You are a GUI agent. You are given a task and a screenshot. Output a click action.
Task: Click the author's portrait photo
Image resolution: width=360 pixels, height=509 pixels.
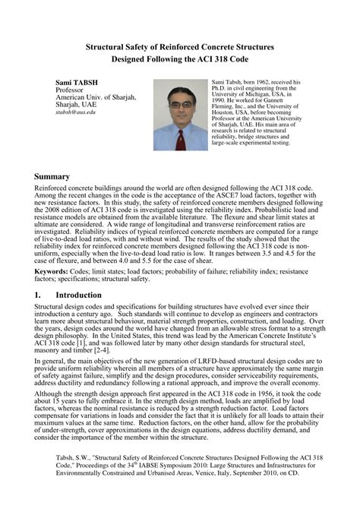tap(180, 114)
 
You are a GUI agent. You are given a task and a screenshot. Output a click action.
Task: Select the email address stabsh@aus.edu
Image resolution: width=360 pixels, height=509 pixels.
tap(75, 112)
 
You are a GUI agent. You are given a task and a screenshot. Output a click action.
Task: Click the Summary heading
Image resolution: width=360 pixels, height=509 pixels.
tap(52, 176)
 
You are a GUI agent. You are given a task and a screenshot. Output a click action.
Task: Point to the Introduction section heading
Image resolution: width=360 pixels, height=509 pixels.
tap(78, 295)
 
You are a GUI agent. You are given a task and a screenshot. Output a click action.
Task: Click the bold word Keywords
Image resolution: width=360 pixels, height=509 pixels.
tap(51, 271)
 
